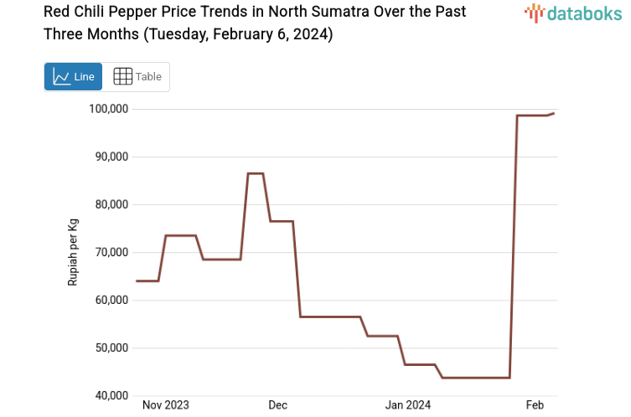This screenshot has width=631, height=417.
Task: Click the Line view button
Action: click(73, 77)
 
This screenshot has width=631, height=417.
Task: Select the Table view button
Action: click(137, 77)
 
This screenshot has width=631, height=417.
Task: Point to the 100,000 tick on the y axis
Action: click(108, 109)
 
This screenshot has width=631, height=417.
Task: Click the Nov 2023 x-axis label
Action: click(165, 405)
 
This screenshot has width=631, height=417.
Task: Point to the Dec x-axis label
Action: click(277, 405)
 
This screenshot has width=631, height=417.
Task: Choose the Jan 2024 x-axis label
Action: click(407, 405)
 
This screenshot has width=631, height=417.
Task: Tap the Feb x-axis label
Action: click(535, 405)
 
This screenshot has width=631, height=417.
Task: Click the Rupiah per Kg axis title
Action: click(73, 252)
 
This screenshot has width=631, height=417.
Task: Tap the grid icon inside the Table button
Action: click(122, 77)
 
